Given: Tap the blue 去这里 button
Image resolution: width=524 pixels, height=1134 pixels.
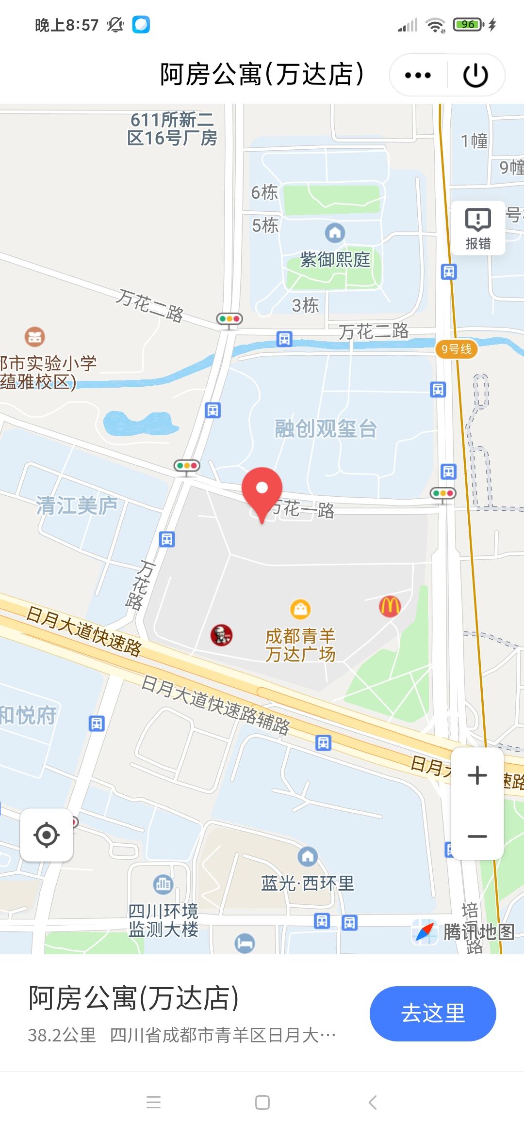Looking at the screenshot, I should [432, 1013].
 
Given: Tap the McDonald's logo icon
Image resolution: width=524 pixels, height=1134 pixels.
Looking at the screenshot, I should [390, 606].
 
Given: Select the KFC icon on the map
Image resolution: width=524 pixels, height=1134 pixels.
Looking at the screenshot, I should [221, 635].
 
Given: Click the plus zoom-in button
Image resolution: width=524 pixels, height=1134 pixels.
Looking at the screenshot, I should [477, 775].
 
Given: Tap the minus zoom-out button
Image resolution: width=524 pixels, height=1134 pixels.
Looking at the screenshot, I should [477, 836].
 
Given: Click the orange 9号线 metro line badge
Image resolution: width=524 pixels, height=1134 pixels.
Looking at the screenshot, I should [456, 349].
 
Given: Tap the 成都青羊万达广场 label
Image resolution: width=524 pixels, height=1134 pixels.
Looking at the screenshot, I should [300, 645].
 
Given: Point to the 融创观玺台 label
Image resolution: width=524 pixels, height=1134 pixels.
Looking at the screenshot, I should [326, 429].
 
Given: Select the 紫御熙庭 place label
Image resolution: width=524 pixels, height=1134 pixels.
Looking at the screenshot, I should [335, 259].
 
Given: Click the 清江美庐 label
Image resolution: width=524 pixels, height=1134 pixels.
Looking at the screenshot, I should [77, 505].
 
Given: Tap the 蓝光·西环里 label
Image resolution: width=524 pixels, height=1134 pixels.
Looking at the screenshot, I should [308, 883].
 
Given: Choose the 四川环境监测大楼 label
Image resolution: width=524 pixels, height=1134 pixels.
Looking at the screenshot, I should [163, 920].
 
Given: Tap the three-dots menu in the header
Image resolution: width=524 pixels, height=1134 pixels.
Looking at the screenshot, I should [418, 75].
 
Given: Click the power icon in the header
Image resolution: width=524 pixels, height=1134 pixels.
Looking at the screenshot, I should [475, 75].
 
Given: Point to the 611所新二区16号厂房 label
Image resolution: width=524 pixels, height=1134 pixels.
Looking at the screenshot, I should [172, 129].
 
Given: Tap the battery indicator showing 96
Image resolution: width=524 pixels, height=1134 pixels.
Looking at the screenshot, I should [468, 24].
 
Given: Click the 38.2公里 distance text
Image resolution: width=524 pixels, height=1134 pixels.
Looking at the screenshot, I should [62, 1035].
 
